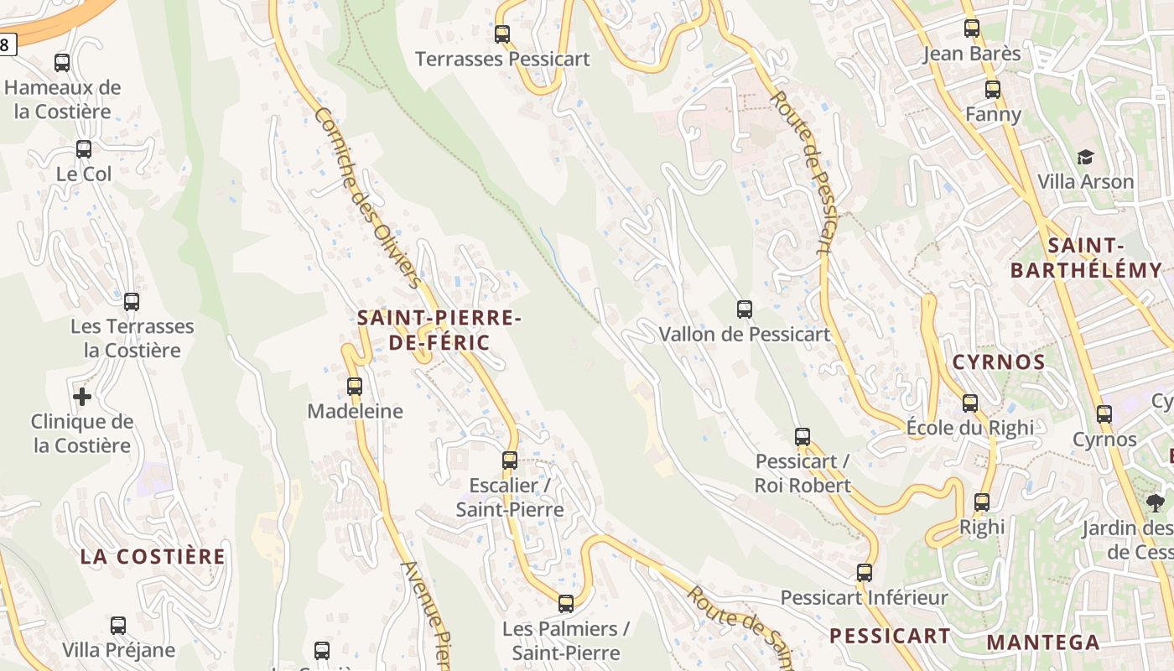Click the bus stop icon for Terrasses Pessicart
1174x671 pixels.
502,34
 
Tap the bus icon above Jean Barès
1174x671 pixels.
972,29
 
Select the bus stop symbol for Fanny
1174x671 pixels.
993,90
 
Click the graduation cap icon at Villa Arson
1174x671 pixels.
1085,158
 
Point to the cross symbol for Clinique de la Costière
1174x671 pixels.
82,396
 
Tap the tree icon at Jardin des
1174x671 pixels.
1156,503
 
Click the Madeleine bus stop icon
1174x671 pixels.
355,387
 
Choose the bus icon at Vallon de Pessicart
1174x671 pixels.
744,309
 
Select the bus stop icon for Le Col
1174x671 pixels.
84,149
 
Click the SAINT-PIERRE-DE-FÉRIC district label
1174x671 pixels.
439,330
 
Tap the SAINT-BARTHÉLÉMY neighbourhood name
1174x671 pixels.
1086,258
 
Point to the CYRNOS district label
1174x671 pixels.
999,362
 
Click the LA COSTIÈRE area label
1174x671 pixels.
153,556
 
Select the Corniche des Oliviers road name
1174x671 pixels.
366,196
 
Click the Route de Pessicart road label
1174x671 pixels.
801,172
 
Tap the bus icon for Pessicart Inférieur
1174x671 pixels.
865,573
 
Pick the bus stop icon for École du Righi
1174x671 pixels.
970,403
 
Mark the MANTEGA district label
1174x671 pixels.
1042,642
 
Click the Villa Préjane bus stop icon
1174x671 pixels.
118,626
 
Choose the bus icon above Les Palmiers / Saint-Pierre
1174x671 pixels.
566,604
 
